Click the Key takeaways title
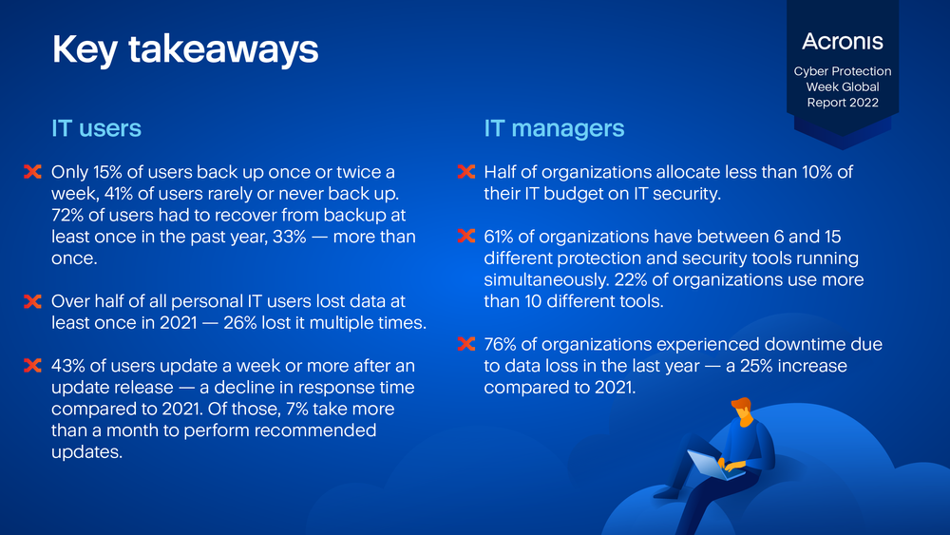click(185, 49)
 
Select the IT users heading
click(96, 128)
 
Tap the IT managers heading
click(554, 128)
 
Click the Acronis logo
click(842, 41)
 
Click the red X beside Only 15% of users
click(32, 172)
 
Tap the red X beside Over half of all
click(32, 301)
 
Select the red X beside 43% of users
click(32, 365)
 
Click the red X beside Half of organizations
click(465, 172)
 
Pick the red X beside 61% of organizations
click(465, 237)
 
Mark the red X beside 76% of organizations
click(465, 344)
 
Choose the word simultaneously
click(546, 280)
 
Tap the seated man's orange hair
click(742, 404)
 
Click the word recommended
click(315, 430)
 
